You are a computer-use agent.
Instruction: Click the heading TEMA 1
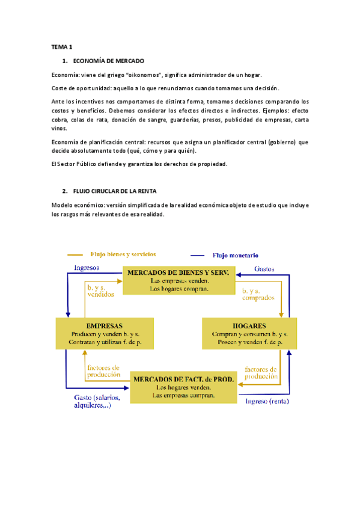point(63,47)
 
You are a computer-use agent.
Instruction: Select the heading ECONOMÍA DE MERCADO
point(108,61)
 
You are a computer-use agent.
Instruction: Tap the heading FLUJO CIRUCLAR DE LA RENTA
point(114,191)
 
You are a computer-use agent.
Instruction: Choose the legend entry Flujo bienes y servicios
point(122,254)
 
